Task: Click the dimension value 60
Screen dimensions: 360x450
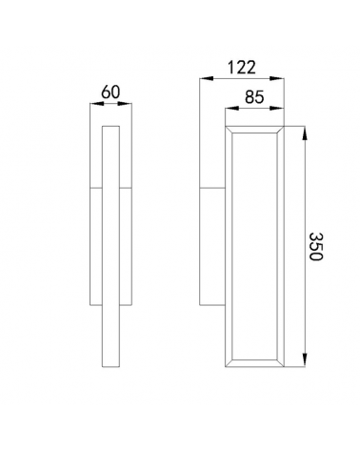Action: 110,92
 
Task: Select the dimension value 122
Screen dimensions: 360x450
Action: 242,68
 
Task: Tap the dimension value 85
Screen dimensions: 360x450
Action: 254,97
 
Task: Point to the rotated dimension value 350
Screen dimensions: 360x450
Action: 316,246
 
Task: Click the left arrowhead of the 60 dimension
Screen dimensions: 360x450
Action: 97,103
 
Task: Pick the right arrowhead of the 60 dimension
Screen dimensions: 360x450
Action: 125,103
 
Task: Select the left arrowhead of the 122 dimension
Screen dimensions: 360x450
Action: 207,78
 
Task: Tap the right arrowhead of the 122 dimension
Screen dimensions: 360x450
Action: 277,78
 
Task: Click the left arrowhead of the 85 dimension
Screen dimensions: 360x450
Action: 232,108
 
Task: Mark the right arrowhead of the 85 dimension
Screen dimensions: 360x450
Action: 277,108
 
